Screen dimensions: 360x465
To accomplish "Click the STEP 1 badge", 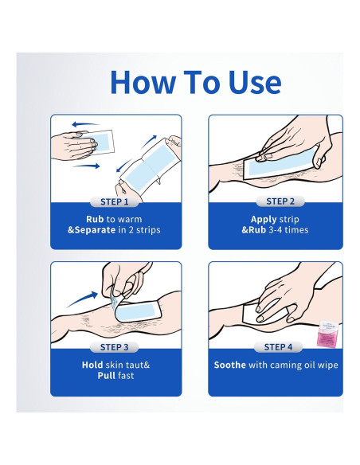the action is (115, 201).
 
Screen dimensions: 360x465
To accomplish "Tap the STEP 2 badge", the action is (280, 201).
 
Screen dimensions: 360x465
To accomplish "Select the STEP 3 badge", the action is (114, 347).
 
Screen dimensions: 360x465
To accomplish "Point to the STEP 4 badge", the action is (278, 347).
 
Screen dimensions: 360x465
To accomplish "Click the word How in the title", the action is (143, 82).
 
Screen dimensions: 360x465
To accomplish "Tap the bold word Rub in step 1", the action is (95, 219).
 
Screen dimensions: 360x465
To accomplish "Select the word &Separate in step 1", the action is (92, 230).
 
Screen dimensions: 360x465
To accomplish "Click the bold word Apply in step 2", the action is (264, 220).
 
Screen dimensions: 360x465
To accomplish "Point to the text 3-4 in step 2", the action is (276, 230).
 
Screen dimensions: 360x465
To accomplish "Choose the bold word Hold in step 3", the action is (92, 365).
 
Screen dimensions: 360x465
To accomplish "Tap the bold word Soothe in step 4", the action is (230, 365).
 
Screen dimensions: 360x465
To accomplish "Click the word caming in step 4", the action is (280, 365).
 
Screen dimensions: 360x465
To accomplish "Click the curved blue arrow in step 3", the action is (82, 300).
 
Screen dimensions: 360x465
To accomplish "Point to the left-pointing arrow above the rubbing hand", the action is (85, 124).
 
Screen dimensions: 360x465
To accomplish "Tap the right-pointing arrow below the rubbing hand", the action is (86, 166).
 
